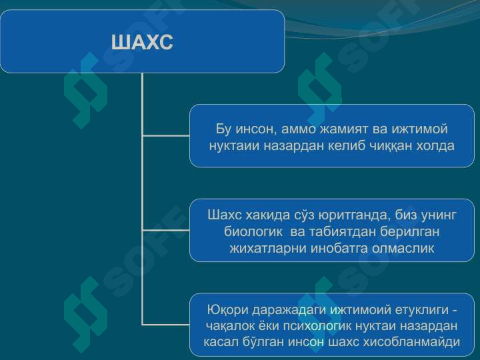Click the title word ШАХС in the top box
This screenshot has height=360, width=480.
point(142,42)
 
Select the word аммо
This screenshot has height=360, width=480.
point(298,129)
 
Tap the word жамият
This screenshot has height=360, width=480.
point(344,129)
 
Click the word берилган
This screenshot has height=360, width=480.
point(410,232)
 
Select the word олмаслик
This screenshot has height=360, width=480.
point(403,248)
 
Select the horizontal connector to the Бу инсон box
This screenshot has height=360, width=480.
point(166,135)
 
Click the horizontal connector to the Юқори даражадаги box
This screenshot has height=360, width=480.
point(166,324)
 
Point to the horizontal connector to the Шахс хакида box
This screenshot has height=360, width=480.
point(166,230)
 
